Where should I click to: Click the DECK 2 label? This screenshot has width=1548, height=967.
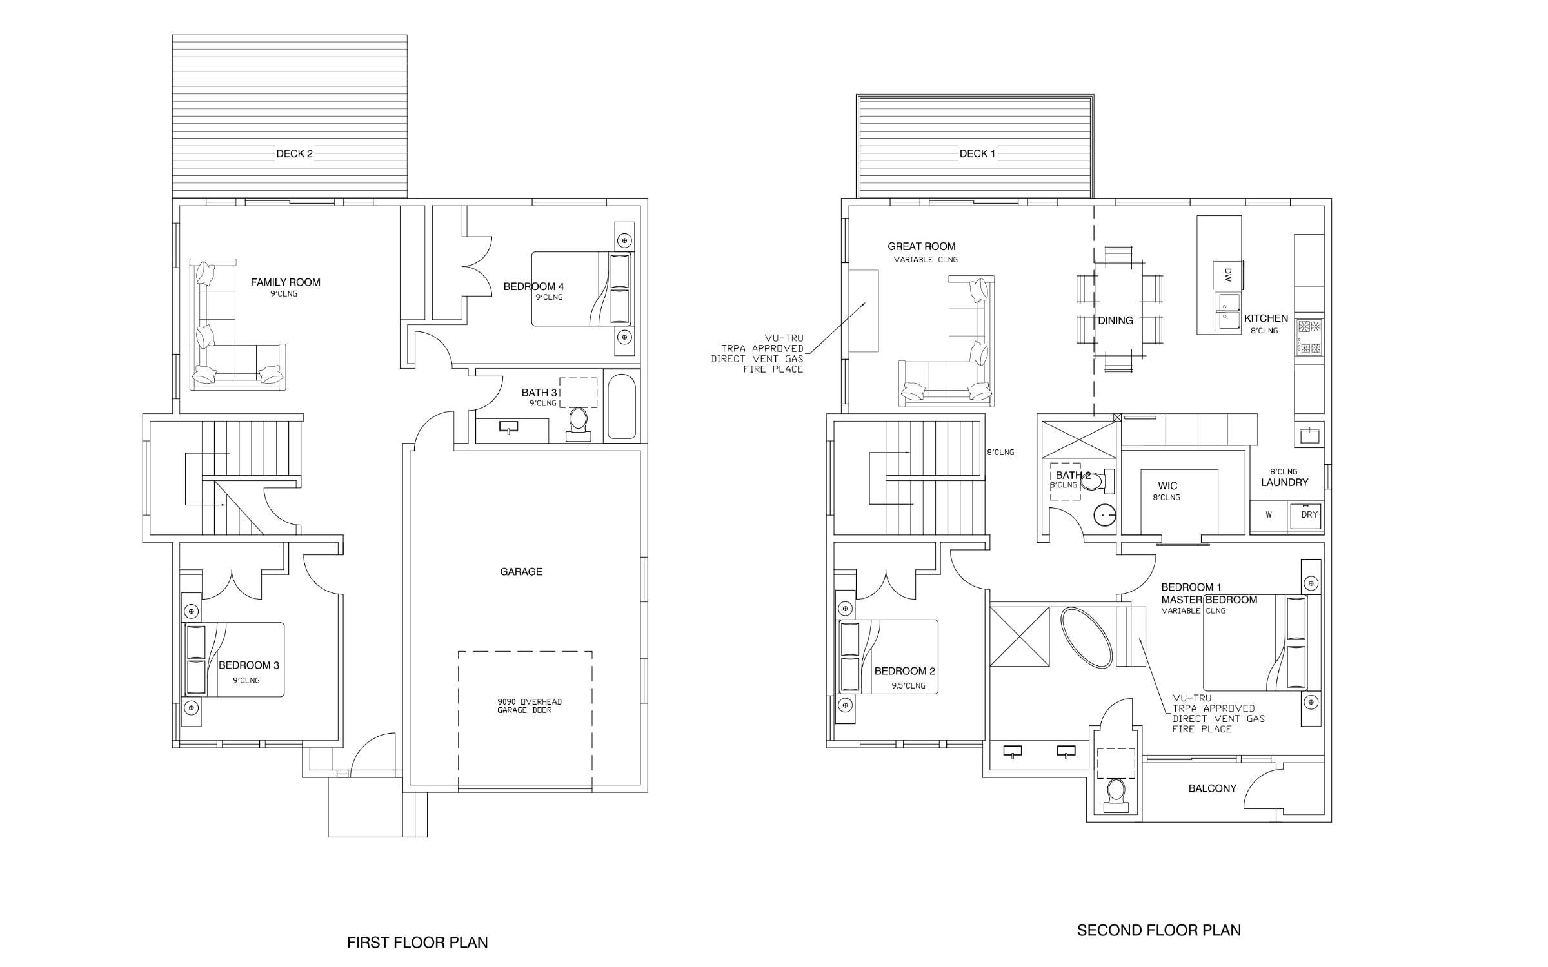(294, 153)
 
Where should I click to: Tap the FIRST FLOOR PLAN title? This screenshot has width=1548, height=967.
(417, 943)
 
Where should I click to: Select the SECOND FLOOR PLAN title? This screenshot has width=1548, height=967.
(1158, 930)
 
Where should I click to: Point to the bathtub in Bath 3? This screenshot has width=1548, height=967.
(621, 406)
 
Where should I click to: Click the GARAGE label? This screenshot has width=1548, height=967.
(521, 572)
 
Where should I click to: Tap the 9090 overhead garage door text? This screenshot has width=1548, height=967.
(529, 706)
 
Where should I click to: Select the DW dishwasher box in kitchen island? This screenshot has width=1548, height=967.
(1227, 275)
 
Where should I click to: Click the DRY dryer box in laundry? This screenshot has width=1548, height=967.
(1309, 515)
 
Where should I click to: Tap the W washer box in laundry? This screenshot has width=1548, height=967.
(1269, 515)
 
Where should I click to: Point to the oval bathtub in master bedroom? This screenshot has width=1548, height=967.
(1087, 637)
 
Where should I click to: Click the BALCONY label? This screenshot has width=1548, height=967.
(1212, 788)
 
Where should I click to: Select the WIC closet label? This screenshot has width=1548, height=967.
(1167, 486)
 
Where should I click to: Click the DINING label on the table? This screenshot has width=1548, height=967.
(1115, 320)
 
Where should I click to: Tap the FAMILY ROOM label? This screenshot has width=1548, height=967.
(285, 282)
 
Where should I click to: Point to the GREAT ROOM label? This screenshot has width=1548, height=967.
(921, 246)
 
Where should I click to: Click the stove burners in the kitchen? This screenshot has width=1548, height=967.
(1309, 337)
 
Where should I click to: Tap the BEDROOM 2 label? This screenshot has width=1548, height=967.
(904, 671)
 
